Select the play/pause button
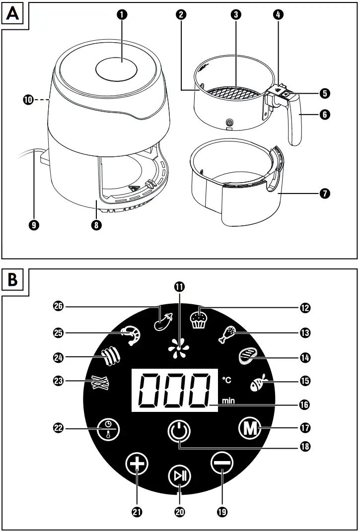tap(179, 477)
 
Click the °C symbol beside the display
tap(227, 380)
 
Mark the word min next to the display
tap(228, 400)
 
